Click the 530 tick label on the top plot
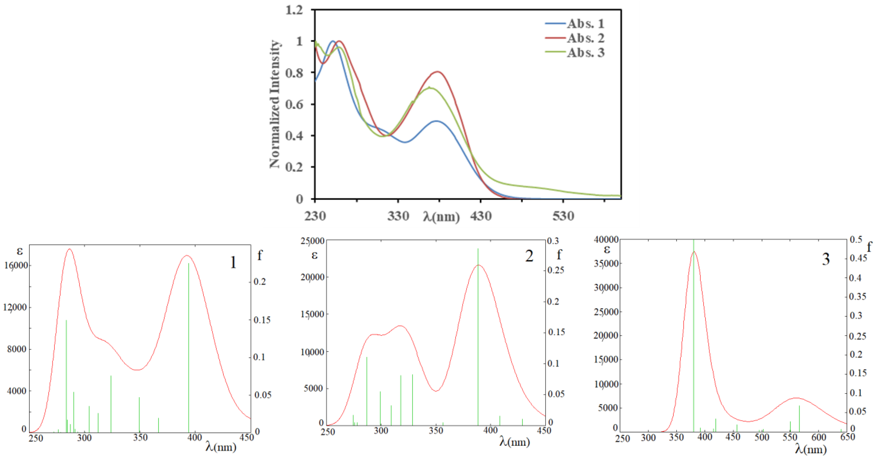click(563, 216)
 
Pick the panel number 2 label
click(529, 256)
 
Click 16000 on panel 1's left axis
click(16, 265)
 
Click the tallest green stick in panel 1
click(189, 347)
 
